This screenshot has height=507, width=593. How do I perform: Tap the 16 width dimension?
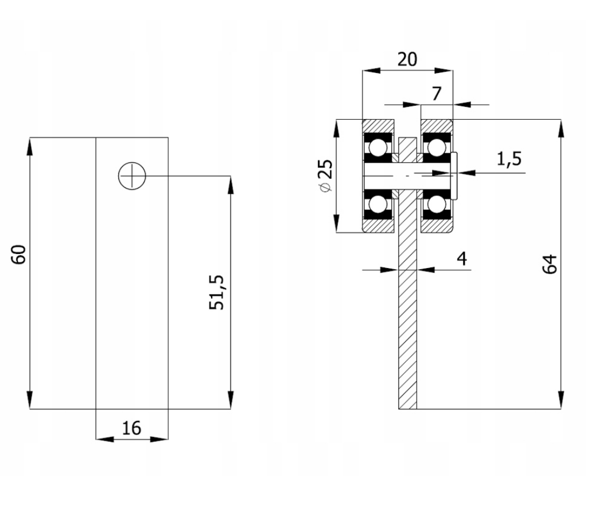pos(131,428)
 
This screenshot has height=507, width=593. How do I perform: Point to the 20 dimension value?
pos(407,58)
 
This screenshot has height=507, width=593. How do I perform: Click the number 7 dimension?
pos(437,93)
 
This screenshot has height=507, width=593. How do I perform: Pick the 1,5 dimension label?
pos(509,159)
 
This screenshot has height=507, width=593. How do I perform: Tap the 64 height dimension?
pos(549,264)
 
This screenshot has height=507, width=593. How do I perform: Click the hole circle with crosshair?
pos(132,176)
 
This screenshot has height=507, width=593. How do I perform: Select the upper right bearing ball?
pos(437,148)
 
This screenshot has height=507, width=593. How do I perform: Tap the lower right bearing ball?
pos(437,204)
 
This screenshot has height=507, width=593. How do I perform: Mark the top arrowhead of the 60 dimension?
pos(30,145)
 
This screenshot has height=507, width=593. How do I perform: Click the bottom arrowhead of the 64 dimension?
pos(561,401)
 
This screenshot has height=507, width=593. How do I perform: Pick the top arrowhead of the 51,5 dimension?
pos(231,184)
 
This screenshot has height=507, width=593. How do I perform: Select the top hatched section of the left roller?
pos(379,126)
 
